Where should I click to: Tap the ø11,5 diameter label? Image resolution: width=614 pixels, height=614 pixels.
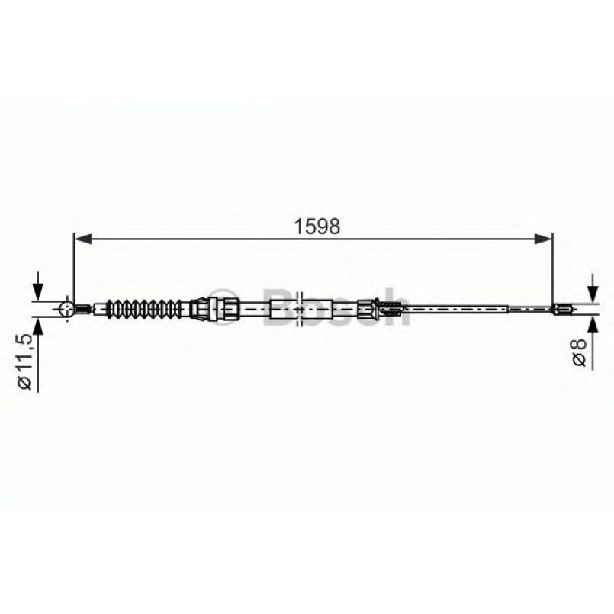coord(26,361)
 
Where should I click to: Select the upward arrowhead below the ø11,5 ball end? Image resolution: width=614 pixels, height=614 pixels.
coord(34,325)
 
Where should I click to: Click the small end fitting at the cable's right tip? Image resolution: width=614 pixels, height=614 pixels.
coord(561,309)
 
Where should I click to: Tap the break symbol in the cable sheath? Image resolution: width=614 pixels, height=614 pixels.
coord(300,308)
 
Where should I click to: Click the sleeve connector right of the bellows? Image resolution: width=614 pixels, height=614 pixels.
coord(201,308)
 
